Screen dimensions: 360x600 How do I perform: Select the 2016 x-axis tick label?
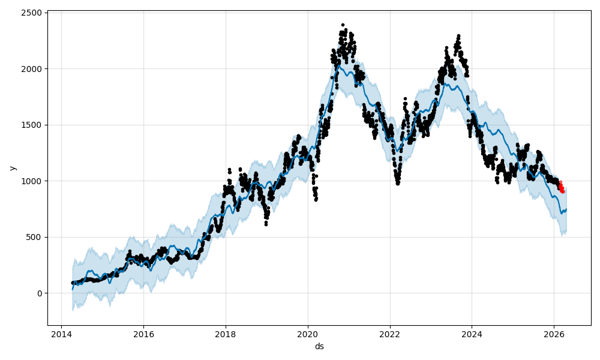pyautogui.click(x=143, y=334)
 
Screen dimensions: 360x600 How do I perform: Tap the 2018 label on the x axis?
pyautogui.click(x=226, y=334)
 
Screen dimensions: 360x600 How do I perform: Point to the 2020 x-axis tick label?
pyautogui.click(x=308, y=334)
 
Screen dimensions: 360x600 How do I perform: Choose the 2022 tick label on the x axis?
pyautogui.click(x=390, y=334)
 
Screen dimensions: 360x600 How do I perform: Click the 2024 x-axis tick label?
pyautogui.click(x=472, y=334)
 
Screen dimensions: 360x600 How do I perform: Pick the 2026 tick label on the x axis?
pyautogui.click(x=554, y=334)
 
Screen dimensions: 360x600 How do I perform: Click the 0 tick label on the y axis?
pyautogui.click(x=40, y=293)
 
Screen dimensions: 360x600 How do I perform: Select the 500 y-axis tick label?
pyautogui.click(x=35, y=237)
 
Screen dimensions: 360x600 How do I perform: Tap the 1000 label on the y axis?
pyautogui.click(x=33, y=181)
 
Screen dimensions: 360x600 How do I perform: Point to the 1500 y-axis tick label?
pyautogui.click(x=33, y=125)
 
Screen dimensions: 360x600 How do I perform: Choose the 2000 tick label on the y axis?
pyautogui.click(x=33, y=69)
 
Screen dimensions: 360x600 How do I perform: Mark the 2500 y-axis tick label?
pyautogui.click(x=33, y=13)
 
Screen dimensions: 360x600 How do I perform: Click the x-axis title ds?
pyautogui.click(x=319, y=346)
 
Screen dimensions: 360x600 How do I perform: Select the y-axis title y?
pyautogui.click(x=11, y=169)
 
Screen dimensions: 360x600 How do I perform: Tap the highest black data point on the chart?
pyautogui.click(x=343, y=25)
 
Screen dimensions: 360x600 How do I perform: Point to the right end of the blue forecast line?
pyautogui.click(x=566, y=209)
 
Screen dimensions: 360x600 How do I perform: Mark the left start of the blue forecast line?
pyautogui.click(x=73, y=290)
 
